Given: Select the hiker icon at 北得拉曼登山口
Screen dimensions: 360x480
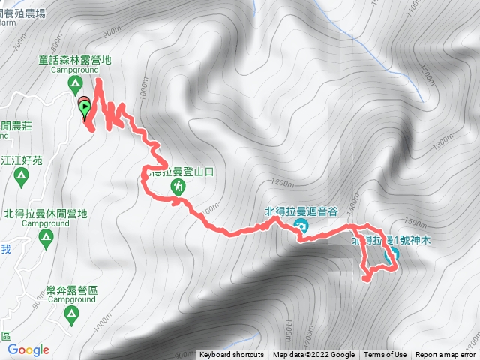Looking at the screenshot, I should (x=178, y=186).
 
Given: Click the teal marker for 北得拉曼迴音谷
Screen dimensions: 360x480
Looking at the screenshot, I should (x=301, y=226).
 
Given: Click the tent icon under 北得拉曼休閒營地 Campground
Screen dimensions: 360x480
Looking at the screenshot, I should (x=46, y=238).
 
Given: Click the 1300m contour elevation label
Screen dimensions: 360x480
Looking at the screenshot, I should (x=445, y=139).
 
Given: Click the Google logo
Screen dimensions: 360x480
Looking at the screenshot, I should (x=28, y=349).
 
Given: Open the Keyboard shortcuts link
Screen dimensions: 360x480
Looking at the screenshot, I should (x=231, y=355).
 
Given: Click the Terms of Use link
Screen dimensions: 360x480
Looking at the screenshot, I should (x=385, y=355).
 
